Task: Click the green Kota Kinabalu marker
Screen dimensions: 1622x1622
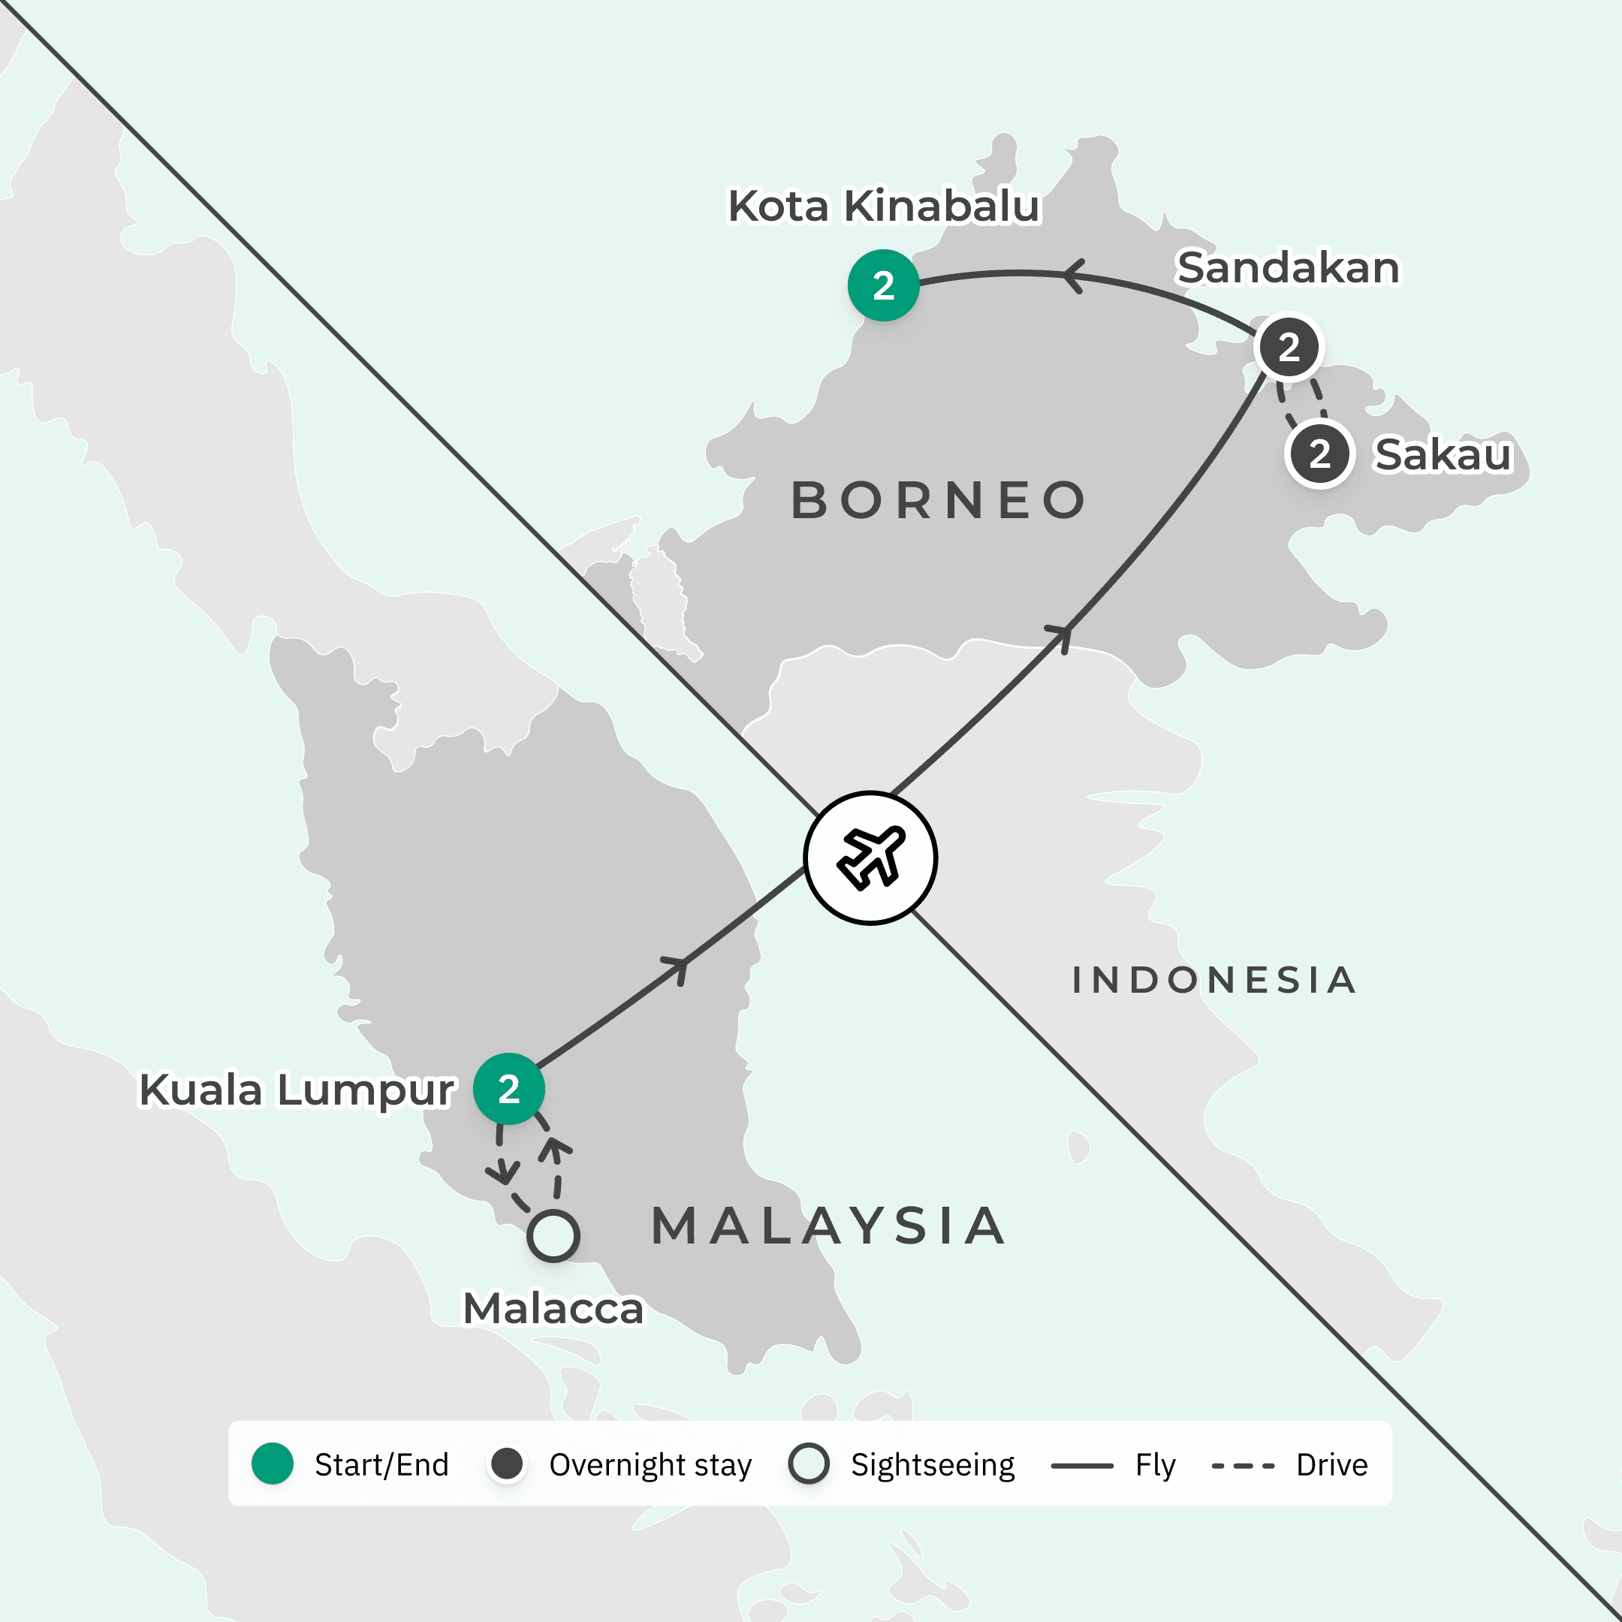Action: click(x=883, y=285)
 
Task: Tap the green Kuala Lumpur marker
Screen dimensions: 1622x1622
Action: click(x=509, y=1089)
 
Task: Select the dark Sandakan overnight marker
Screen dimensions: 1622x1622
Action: click(x=1289, y=347)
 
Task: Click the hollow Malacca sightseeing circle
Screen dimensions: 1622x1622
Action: click(x=553, y=1236)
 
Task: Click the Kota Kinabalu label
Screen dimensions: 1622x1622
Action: click(x=883, y=206)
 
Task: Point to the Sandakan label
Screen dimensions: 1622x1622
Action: click(x=1288, y=268)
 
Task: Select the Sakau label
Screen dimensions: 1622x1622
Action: click(x=1443, y=455)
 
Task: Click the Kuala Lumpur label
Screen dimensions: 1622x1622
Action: click(x=297, y=1090)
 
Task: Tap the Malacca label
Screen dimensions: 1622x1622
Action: click(x=553, y=1309)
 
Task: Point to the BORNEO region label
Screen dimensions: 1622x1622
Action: click(x=939, y=500)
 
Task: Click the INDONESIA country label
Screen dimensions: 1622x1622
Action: click(x=1214, y=980)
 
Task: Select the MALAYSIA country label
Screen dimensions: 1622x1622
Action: click(x=828, y=1226)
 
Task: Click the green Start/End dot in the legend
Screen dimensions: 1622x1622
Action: click(x=273, y=1464)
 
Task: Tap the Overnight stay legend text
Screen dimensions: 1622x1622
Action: click(x=650, y=1465)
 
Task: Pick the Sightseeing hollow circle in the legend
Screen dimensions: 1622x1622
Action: click(x=809, y=1464)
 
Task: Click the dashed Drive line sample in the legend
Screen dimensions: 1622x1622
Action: click(x=1244, y=1466)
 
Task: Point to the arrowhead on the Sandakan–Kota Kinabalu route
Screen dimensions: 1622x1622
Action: click(x=1073, y=275)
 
